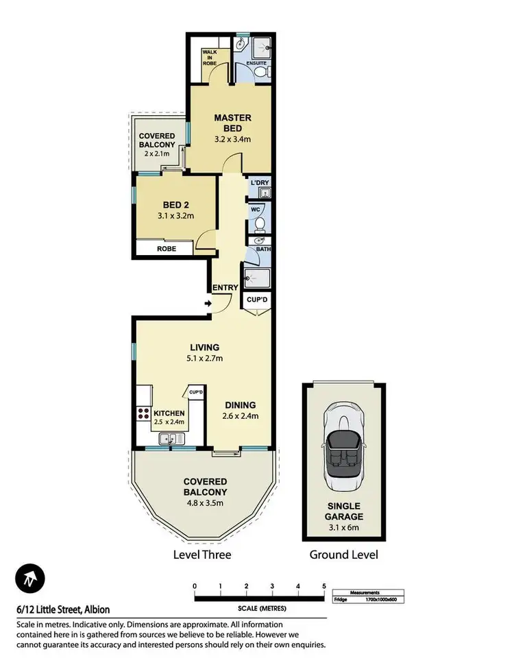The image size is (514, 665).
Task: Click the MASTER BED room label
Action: tap(232, 123)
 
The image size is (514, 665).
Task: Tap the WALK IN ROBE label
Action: tap(209, 58)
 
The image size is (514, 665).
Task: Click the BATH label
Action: tap(262, 249)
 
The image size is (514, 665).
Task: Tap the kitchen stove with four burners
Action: tap(145, 413)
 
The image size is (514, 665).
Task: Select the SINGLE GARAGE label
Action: tap(345, 511)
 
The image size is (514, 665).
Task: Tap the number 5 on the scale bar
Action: tap(323, 585)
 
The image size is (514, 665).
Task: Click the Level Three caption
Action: tap(202, 554)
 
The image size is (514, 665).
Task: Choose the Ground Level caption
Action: tap(344, 554)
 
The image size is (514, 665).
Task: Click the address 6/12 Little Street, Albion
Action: tap(63, 609)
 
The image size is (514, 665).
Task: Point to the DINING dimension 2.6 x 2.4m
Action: tap(239, 415)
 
